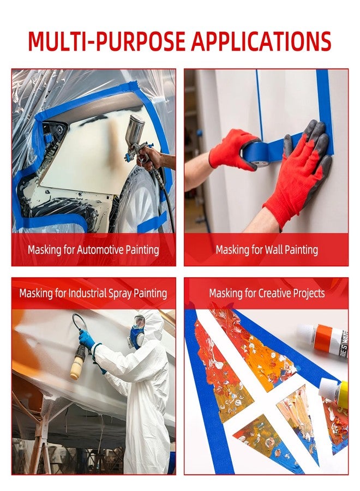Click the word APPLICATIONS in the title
261,41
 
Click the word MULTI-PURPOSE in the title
106,41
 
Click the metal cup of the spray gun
135,129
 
